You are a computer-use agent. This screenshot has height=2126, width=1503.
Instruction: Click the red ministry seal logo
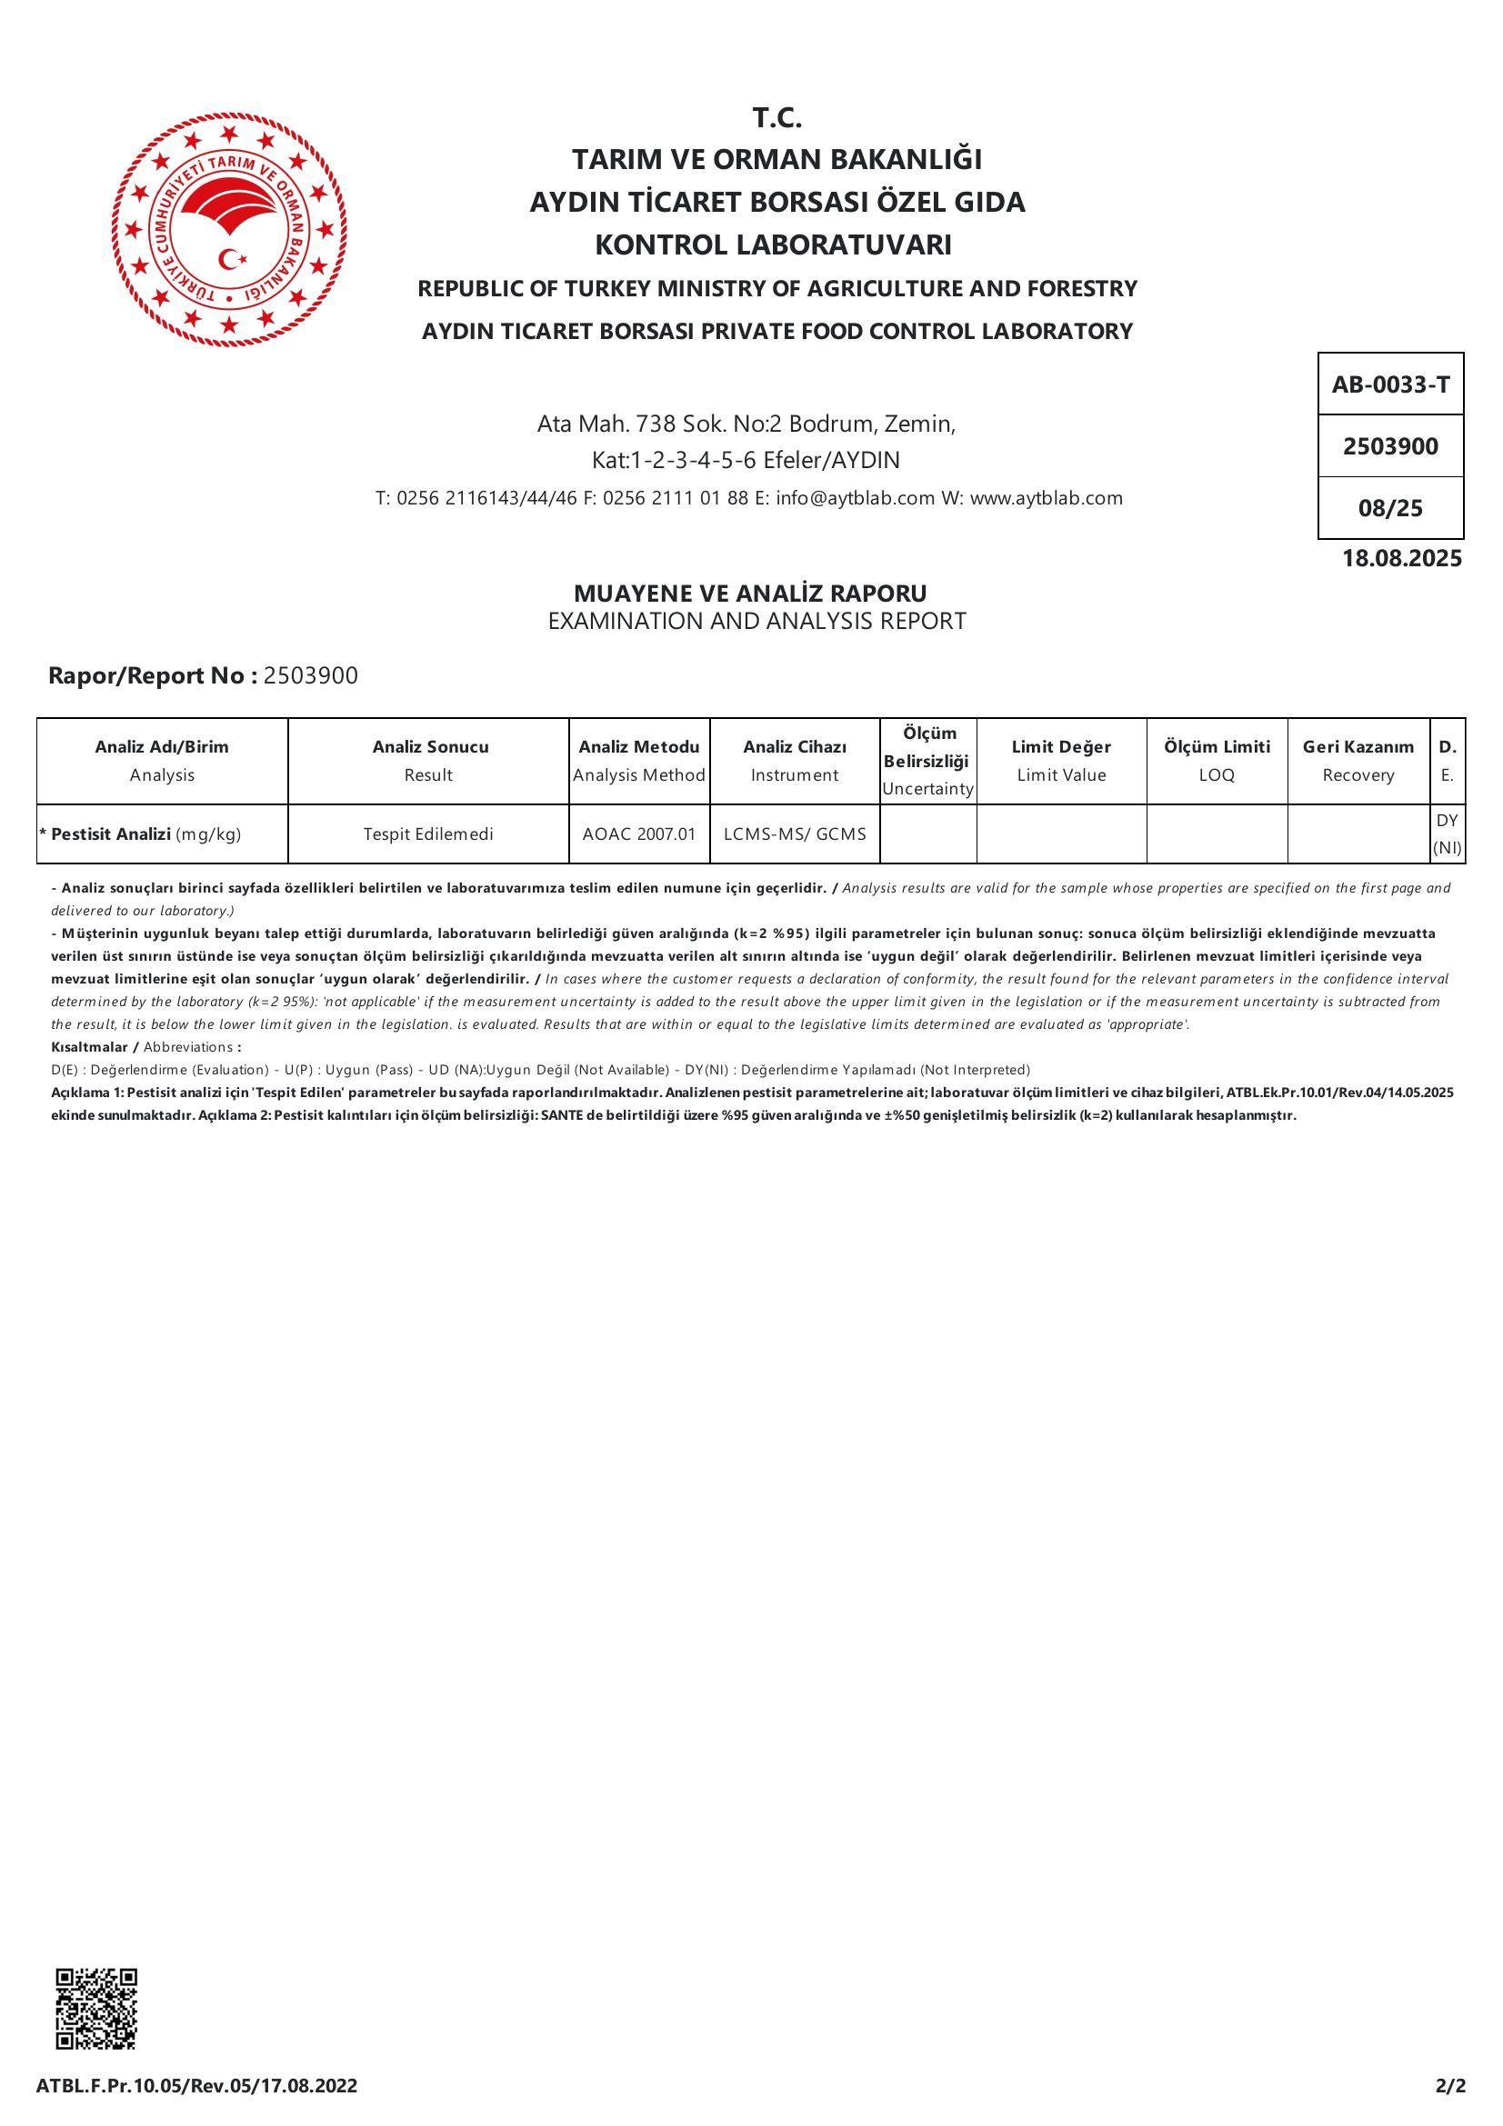tap(229, 230)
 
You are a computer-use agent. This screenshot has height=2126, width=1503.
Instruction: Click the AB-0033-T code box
tap(1390, 384)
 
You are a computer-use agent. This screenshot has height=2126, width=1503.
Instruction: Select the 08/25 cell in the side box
tap(1390, 508)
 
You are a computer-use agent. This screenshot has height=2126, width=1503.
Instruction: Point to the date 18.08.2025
tap(1401, 558)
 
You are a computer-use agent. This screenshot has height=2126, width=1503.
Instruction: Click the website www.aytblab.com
tap(1046, 498)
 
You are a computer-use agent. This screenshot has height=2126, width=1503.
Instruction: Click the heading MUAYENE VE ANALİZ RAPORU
tap(750, 593)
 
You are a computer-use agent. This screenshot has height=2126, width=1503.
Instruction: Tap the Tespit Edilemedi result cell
tap(428, 834)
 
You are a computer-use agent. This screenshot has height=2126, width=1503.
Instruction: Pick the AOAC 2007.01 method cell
tap(639, 834)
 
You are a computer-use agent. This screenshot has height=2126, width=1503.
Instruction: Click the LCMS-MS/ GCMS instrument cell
tap(795, 834)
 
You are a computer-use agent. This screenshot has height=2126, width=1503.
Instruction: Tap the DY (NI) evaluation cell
tap(1447, 833)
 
